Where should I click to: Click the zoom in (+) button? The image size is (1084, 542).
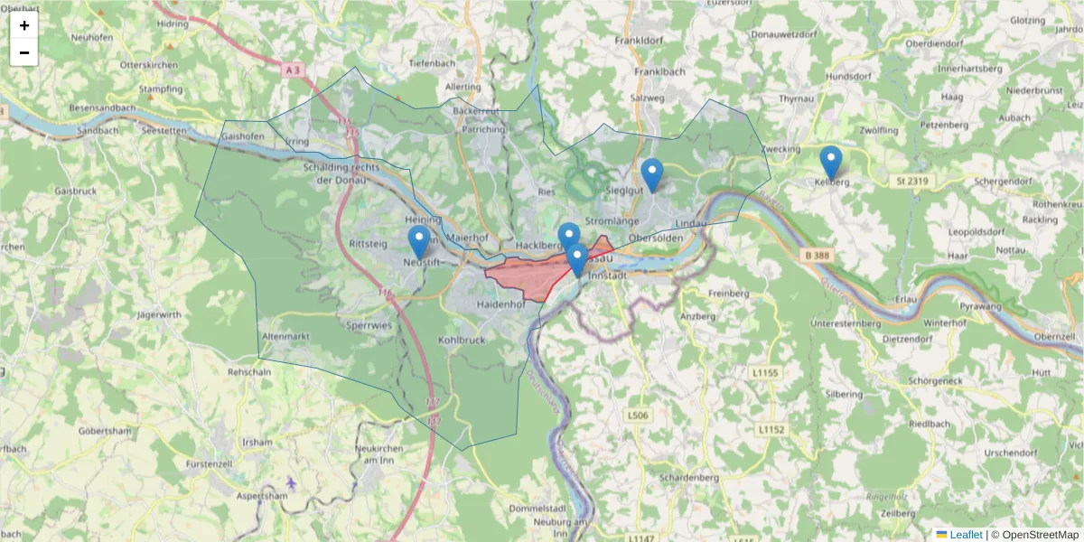[x=24, y=25]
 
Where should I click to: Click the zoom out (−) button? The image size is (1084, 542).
[x=24, y=52]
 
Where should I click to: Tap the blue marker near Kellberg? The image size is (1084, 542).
[x=830, y=164]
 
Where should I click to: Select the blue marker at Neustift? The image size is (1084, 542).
[x=418, y=243]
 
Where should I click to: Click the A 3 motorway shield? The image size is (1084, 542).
[x=290, y=69]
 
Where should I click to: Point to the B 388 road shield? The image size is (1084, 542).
[x=815, y=257]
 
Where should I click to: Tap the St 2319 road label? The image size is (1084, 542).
[x=912, y=182]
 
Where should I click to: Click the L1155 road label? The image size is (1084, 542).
[x=764, y=372]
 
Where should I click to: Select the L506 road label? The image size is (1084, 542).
[x=637, y=416]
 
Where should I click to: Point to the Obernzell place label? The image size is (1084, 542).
[x=1054, y=336]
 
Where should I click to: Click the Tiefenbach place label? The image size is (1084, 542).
[x=432, y=63]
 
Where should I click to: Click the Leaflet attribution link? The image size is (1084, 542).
[x=966, y=535]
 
